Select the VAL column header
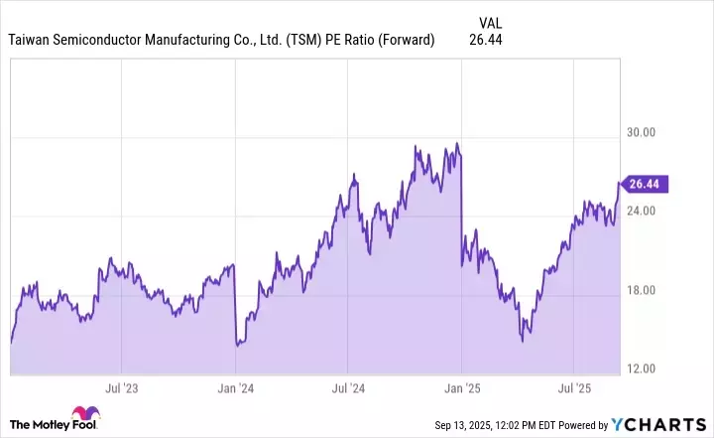click(490, 21)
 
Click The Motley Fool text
click(38, 424)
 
